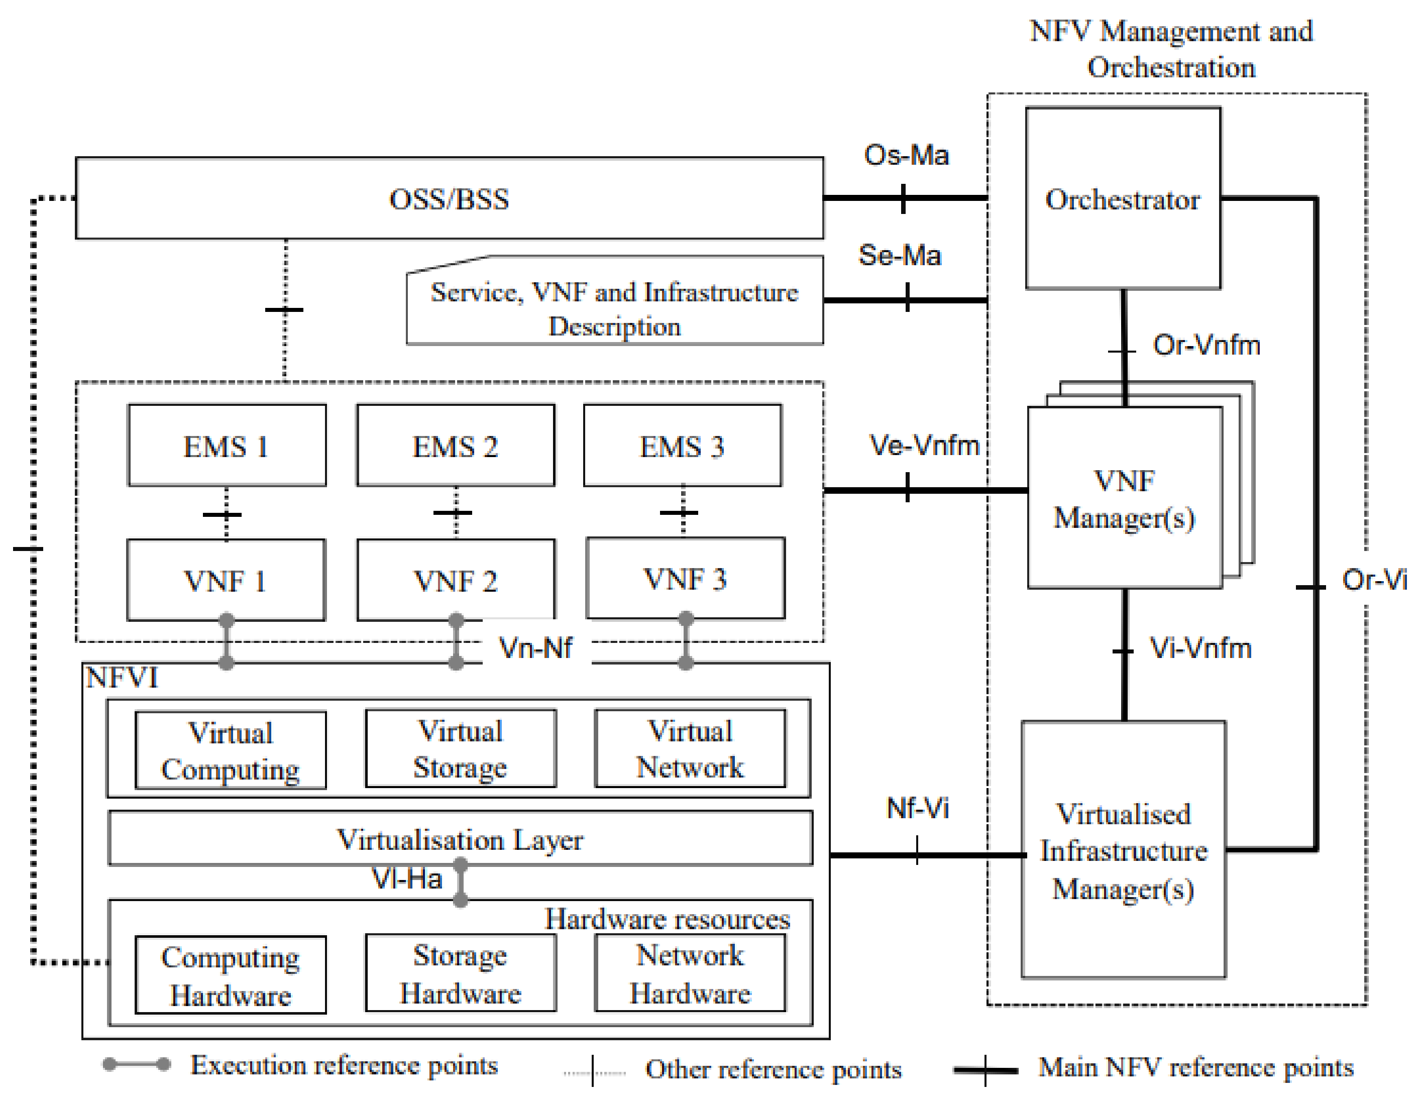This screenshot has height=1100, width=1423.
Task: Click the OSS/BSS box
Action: point(449,199)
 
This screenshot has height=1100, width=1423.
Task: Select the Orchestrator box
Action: point(1123,199)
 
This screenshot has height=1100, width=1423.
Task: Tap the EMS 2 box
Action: point(456,447)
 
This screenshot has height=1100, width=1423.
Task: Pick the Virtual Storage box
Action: point(461,749)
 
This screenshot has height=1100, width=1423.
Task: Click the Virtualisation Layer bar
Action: point(460,839)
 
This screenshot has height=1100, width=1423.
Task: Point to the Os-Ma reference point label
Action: point(906,155)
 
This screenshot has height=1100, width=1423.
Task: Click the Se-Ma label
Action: point(900,255)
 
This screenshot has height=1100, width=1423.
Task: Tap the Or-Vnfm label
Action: point(1206,345)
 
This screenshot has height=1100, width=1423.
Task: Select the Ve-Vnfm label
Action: point(924,446)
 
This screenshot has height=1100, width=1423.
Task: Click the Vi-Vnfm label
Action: point(1200,648)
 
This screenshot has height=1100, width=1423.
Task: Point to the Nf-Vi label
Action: point(917,808)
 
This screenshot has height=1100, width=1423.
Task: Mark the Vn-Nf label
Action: point(535,648)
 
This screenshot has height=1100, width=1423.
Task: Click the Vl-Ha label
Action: point(406,878)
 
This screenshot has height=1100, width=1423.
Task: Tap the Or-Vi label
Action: point(1373,579)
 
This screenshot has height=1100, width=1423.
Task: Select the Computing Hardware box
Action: point(231,975)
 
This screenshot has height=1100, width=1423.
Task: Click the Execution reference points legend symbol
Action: point(137,1064)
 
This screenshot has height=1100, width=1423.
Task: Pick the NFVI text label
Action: point(122,678)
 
